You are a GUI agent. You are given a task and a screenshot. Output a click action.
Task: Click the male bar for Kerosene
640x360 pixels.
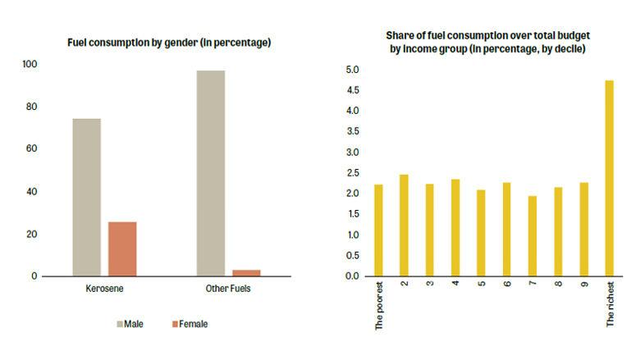coord(86,197)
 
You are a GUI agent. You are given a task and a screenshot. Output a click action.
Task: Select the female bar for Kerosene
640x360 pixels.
coord(122,248)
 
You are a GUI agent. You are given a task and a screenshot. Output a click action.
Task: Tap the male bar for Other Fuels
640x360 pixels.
coord(211,173)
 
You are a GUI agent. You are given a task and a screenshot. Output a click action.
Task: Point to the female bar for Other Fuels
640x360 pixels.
coord(246,272)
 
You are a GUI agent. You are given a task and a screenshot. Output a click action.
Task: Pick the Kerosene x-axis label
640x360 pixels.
coord(104,290)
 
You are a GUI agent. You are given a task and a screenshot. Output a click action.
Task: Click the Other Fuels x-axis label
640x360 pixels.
coord(228,290)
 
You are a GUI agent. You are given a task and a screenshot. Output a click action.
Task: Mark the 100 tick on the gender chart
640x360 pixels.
coord(30,64)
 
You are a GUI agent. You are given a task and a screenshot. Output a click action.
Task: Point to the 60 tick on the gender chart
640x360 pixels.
coord(32,149)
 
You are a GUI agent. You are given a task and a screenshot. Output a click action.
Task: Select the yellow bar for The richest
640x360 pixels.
coord(609,178)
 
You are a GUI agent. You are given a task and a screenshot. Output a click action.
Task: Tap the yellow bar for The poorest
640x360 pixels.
coord(378,230)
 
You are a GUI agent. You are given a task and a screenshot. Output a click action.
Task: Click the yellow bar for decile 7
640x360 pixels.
coord(533,235)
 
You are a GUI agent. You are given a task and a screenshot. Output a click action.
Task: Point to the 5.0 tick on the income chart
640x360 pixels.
coord(352,70)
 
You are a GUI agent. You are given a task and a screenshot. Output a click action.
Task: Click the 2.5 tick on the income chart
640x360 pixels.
coord(352,173)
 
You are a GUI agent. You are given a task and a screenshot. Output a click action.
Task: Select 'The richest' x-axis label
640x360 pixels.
coord(610,306)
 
